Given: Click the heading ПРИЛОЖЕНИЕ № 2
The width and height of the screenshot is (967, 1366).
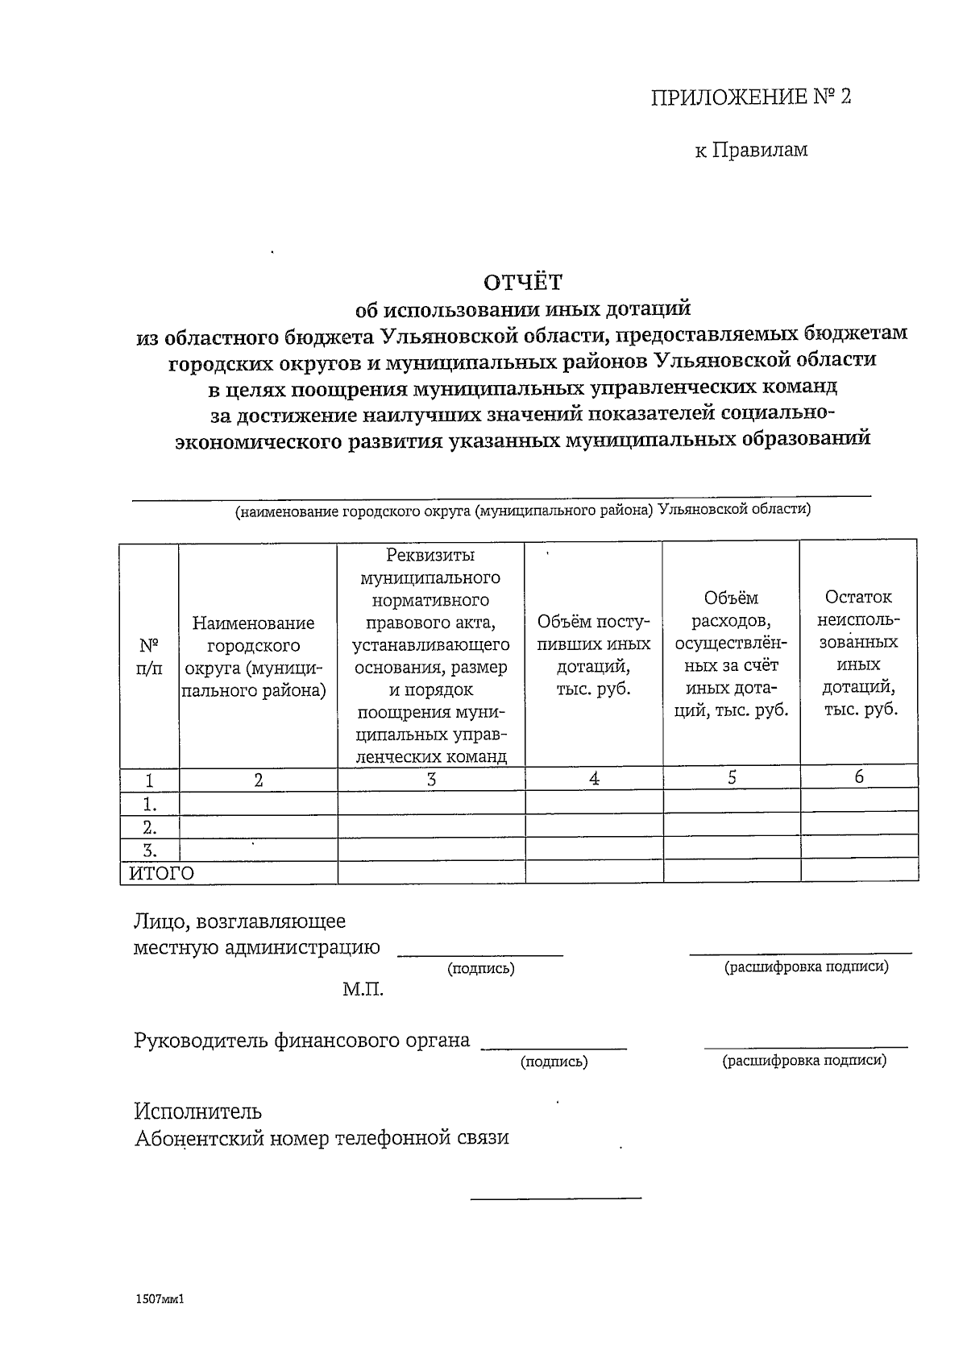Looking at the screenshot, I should point(750,97).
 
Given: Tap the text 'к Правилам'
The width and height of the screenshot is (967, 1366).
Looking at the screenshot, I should point(751,150).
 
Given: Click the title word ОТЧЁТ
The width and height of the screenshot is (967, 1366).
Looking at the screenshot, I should point(522,282).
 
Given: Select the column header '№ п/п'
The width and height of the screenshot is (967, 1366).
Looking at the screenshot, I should point(149,656).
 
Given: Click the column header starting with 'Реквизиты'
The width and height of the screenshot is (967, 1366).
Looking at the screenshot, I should point(431,656).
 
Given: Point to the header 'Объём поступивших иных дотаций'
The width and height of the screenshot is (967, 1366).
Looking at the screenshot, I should point(594,656).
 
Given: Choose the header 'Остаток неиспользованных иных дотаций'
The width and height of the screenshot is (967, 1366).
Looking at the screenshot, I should point(858,653).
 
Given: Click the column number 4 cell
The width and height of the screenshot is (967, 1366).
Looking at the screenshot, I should point(594,779).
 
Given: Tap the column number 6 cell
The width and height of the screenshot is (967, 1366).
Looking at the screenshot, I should point(859,776).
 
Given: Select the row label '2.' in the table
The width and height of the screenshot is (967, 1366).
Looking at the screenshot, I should point(149,827).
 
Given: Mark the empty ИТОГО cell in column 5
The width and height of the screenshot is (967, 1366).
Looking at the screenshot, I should point(732,871).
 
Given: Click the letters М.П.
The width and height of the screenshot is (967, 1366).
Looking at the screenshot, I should point(363,990).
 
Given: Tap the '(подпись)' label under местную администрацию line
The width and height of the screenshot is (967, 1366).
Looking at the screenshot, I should point(481,969).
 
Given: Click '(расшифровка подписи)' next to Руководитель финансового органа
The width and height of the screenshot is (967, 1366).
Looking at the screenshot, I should point(804,1060).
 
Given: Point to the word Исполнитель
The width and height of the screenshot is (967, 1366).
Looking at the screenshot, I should point(197,1111).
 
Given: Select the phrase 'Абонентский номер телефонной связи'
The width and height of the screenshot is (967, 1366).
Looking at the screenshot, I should point(322,1138).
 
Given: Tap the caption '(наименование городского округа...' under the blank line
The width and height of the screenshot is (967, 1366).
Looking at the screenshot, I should point(523,511).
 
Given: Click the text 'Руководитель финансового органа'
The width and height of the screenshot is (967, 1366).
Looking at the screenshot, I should point(302,1040).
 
